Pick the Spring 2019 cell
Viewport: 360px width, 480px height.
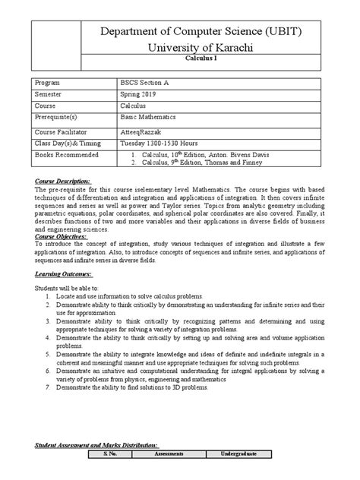pos(142,95)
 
